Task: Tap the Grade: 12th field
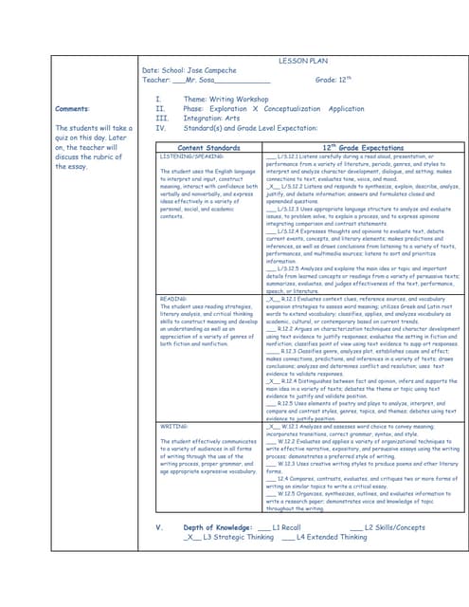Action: click(x=334, y=82)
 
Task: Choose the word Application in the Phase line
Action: click(x=347, y=109)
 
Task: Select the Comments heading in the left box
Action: click(x=73, y=109)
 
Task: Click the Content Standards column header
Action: click(x=208, y=148)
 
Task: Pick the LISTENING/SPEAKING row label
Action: click(x=191, y=156)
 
